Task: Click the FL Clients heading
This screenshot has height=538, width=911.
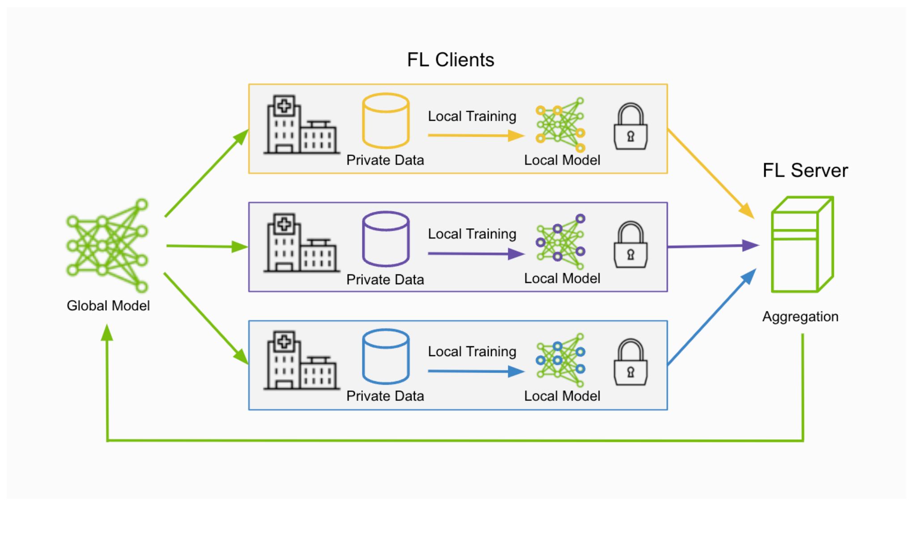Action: click(450, 60)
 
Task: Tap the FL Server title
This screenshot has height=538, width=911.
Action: click(805, 171)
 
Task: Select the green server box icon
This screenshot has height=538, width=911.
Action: click(802, 245)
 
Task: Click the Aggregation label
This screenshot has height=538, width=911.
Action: click(800, 317)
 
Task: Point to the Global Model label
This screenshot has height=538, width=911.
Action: click(108, 306)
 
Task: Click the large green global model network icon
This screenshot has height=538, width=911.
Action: click(107, 245)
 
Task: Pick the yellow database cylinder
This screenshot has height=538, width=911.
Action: click(385, 121)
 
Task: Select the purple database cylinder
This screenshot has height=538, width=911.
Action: click(385, 239)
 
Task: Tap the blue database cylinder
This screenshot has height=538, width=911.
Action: click(385, 357)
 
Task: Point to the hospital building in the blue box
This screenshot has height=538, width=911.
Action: click(301, 361)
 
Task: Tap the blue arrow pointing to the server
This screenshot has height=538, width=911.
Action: click(711, 317)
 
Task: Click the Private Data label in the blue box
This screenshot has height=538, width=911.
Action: click(385, 396)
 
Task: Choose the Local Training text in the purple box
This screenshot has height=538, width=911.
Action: click(472, 234)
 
